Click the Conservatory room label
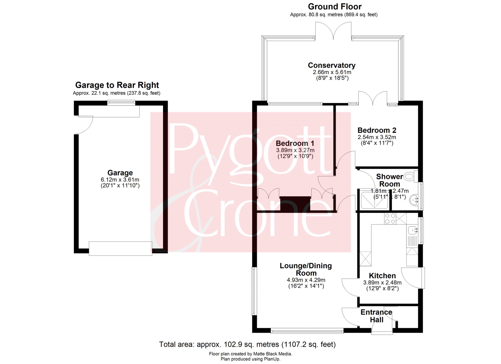point(331,65)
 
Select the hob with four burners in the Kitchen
point(390,219)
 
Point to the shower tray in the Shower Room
point(374,199)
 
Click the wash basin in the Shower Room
point(414,200)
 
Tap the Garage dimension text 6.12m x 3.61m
point(120,179)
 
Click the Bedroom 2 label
point(377,130)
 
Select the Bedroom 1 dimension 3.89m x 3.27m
point(295,150)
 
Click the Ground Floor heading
point(335,7)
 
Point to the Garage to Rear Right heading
point(117,85)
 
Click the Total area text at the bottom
point(247,344)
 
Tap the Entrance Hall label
point(376,316)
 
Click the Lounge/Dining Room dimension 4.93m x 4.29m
point(306,280)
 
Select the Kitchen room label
point(382,276)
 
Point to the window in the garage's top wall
point(121,102)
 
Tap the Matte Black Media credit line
point(251,354)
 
